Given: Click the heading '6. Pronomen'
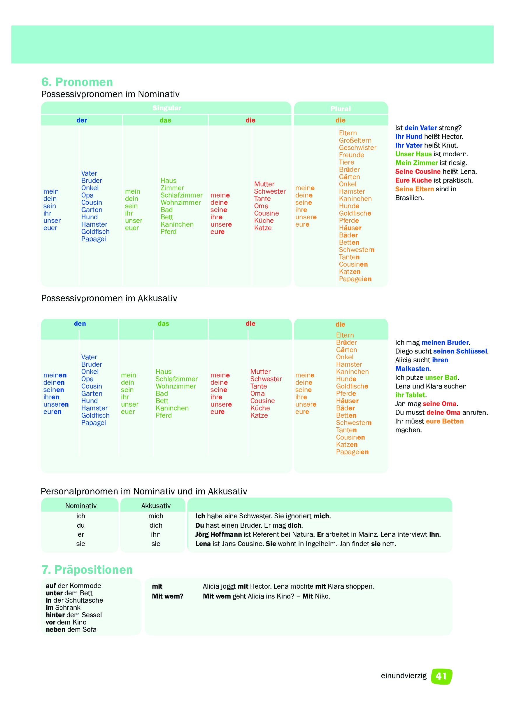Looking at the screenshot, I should [77, 82].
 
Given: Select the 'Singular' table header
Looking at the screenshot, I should [166, 108].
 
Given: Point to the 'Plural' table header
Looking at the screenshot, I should [340, 109].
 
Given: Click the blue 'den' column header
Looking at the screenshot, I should [80, 323].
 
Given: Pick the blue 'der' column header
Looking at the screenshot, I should [82, 120].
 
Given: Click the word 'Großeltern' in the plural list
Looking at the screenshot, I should [355, 140].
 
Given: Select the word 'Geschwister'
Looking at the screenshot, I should [357, 148].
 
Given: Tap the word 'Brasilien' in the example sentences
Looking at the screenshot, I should [409, 198].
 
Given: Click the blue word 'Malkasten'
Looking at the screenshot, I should [412, 369].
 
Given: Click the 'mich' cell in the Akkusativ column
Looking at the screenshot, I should [156, 516].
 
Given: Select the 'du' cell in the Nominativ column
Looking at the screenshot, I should [81, 525].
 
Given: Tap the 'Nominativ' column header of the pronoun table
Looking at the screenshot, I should [81, 506].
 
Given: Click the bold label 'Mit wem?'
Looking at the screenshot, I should [167, 596].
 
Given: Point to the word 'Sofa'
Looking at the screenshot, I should [90, 629].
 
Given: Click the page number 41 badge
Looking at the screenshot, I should [441, 676].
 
